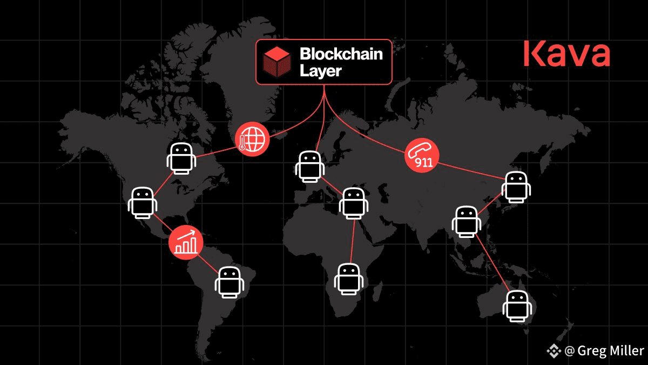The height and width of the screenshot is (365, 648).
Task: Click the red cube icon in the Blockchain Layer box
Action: [277, 61]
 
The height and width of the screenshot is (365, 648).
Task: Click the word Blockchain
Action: [341, 54]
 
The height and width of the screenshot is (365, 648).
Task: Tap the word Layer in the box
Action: [321, 71]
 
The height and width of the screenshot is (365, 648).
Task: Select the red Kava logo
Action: [566, 55]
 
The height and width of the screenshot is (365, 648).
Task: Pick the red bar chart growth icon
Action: [186, 241]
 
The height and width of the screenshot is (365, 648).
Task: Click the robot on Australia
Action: [517, 307]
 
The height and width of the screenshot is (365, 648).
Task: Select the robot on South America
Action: [231, 281]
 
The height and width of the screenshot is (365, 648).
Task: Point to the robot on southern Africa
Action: [349, 280]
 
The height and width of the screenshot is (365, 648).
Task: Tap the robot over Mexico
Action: [143, 202]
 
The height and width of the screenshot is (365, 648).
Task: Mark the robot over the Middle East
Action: [354, 203]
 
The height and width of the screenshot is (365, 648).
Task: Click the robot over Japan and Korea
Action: [516, 187]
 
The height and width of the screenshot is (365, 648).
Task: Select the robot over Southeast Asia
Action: [466, 221]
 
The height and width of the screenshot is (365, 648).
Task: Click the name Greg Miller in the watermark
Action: [610, 350]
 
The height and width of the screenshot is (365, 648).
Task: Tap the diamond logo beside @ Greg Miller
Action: [554, 350]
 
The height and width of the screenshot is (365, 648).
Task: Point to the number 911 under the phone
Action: [424, 162]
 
